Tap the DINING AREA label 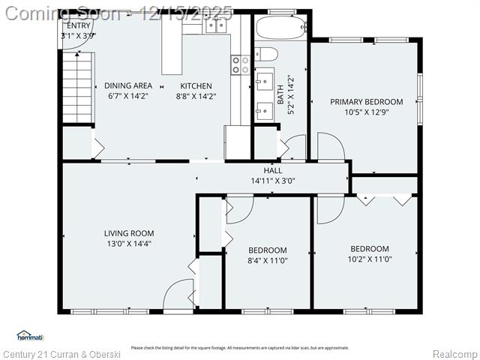click(127, 85)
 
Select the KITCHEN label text click(195, 85)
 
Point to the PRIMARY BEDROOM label click(367, 102)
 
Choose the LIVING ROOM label click(129, 233)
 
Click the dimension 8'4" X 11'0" click(267, 260)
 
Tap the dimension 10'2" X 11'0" click(370, 259)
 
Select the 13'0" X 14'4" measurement click(129, 244)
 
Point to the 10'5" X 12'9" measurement click(367, 112)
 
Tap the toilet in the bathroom click(266, 53)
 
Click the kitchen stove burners click(240, 65)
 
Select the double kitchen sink click(215, 25)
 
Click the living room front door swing click(178, 293)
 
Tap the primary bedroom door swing click(331, 145)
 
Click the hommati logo click(31, 335)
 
